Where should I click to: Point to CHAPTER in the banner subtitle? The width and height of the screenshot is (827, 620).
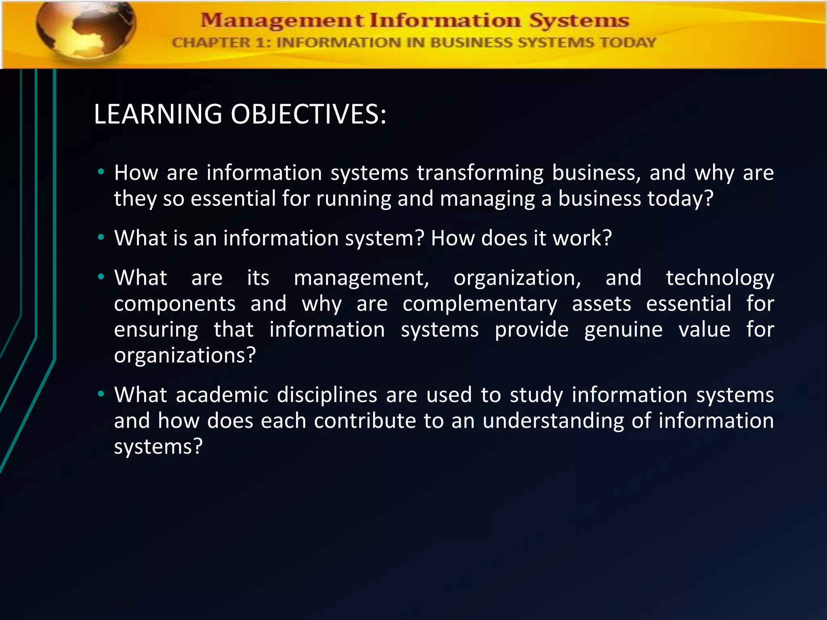[x=211, y=43]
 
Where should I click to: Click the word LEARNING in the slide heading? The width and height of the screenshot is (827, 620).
[x=158, y=114]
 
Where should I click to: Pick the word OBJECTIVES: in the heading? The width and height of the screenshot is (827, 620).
[x=309, y=114]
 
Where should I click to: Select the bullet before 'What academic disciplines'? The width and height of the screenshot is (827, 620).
[x=101, y=394]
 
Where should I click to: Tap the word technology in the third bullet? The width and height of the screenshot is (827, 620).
[x=720, y=279]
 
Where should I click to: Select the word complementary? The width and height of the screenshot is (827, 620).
[x=480, y=304]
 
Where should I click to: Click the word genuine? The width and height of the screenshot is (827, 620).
[x=623, y=330]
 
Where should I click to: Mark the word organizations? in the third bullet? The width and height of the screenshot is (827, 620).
[x=185, y=356]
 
